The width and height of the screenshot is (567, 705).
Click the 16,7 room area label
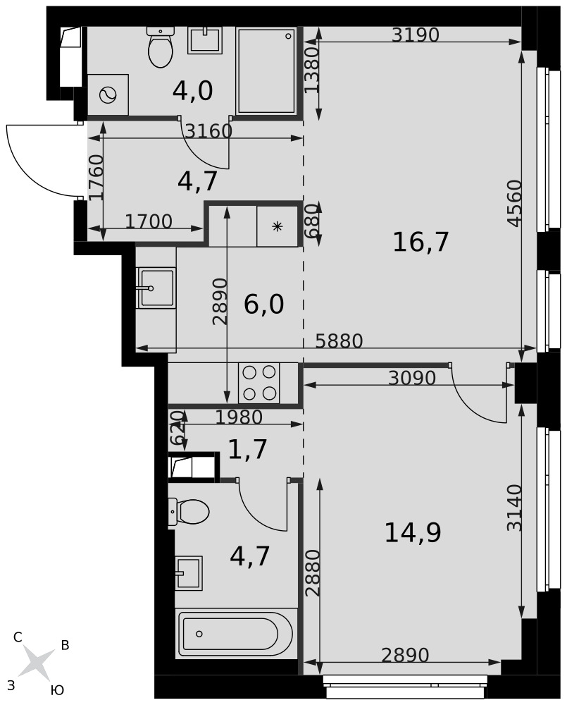click(420, 242)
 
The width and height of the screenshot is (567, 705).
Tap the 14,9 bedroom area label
click(413, 532)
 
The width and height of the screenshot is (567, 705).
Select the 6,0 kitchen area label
click(263, 305)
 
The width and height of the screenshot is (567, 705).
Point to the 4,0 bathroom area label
click(193, 91)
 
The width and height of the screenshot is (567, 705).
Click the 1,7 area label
click(247, 449)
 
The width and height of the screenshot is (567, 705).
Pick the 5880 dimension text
click(339, 341)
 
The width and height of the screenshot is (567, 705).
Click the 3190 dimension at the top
click(415, 35)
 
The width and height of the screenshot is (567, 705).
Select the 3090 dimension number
click(412, 378)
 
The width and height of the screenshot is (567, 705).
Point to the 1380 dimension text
click(312, 70)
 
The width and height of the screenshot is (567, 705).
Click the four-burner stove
click(258, 383)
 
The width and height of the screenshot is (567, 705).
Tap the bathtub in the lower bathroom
click(236, 634)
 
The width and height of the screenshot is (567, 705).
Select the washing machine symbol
click(108, 95)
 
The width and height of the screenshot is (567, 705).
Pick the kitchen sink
click(156, 288)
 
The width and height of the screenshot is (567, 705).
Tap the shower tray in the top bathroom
click(266, 71)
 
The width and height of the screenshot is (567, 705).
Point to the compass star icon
click(37, 663)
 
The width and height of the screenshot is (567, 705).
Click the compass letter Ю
click(57, 690)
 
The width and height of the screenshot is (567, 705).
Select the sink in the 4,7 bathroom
click(189, 573)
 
